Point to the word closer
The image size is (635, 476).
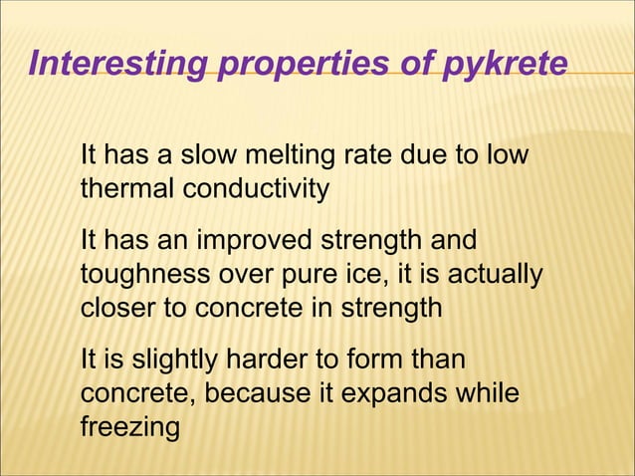click(x=118, y=307)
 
